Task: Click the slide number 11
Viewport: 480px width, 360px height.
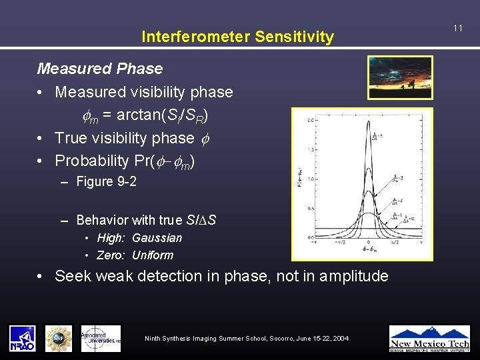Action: click(457, 28)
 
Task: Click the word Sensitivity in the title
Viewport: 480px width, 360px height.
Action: click(297, 37)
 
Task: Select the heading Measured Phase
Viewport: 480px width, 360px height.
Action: click(100, 69)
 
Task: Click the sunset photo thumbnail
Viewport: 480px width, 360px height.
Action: click(400, 77)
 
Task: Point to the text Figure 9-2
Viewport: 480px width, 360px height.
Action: click(106, 181)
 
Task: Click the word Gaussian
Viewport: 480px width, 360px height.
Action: click(157, 238)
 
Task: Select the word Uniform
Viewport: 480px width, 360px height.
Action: click(152, 255)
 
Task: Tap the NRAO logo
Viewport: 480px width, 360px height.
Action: click(22, 339)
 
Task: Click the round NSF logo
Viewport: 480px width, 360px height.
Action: click(59, 339)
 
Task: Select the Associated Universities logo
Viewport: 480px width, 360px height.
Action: click(101, 339)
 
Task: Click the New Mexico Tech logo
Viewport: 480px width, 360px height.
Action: click(429, 338)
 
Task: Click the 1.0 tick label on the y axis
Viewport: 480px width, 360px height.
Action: click(310, 179)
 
